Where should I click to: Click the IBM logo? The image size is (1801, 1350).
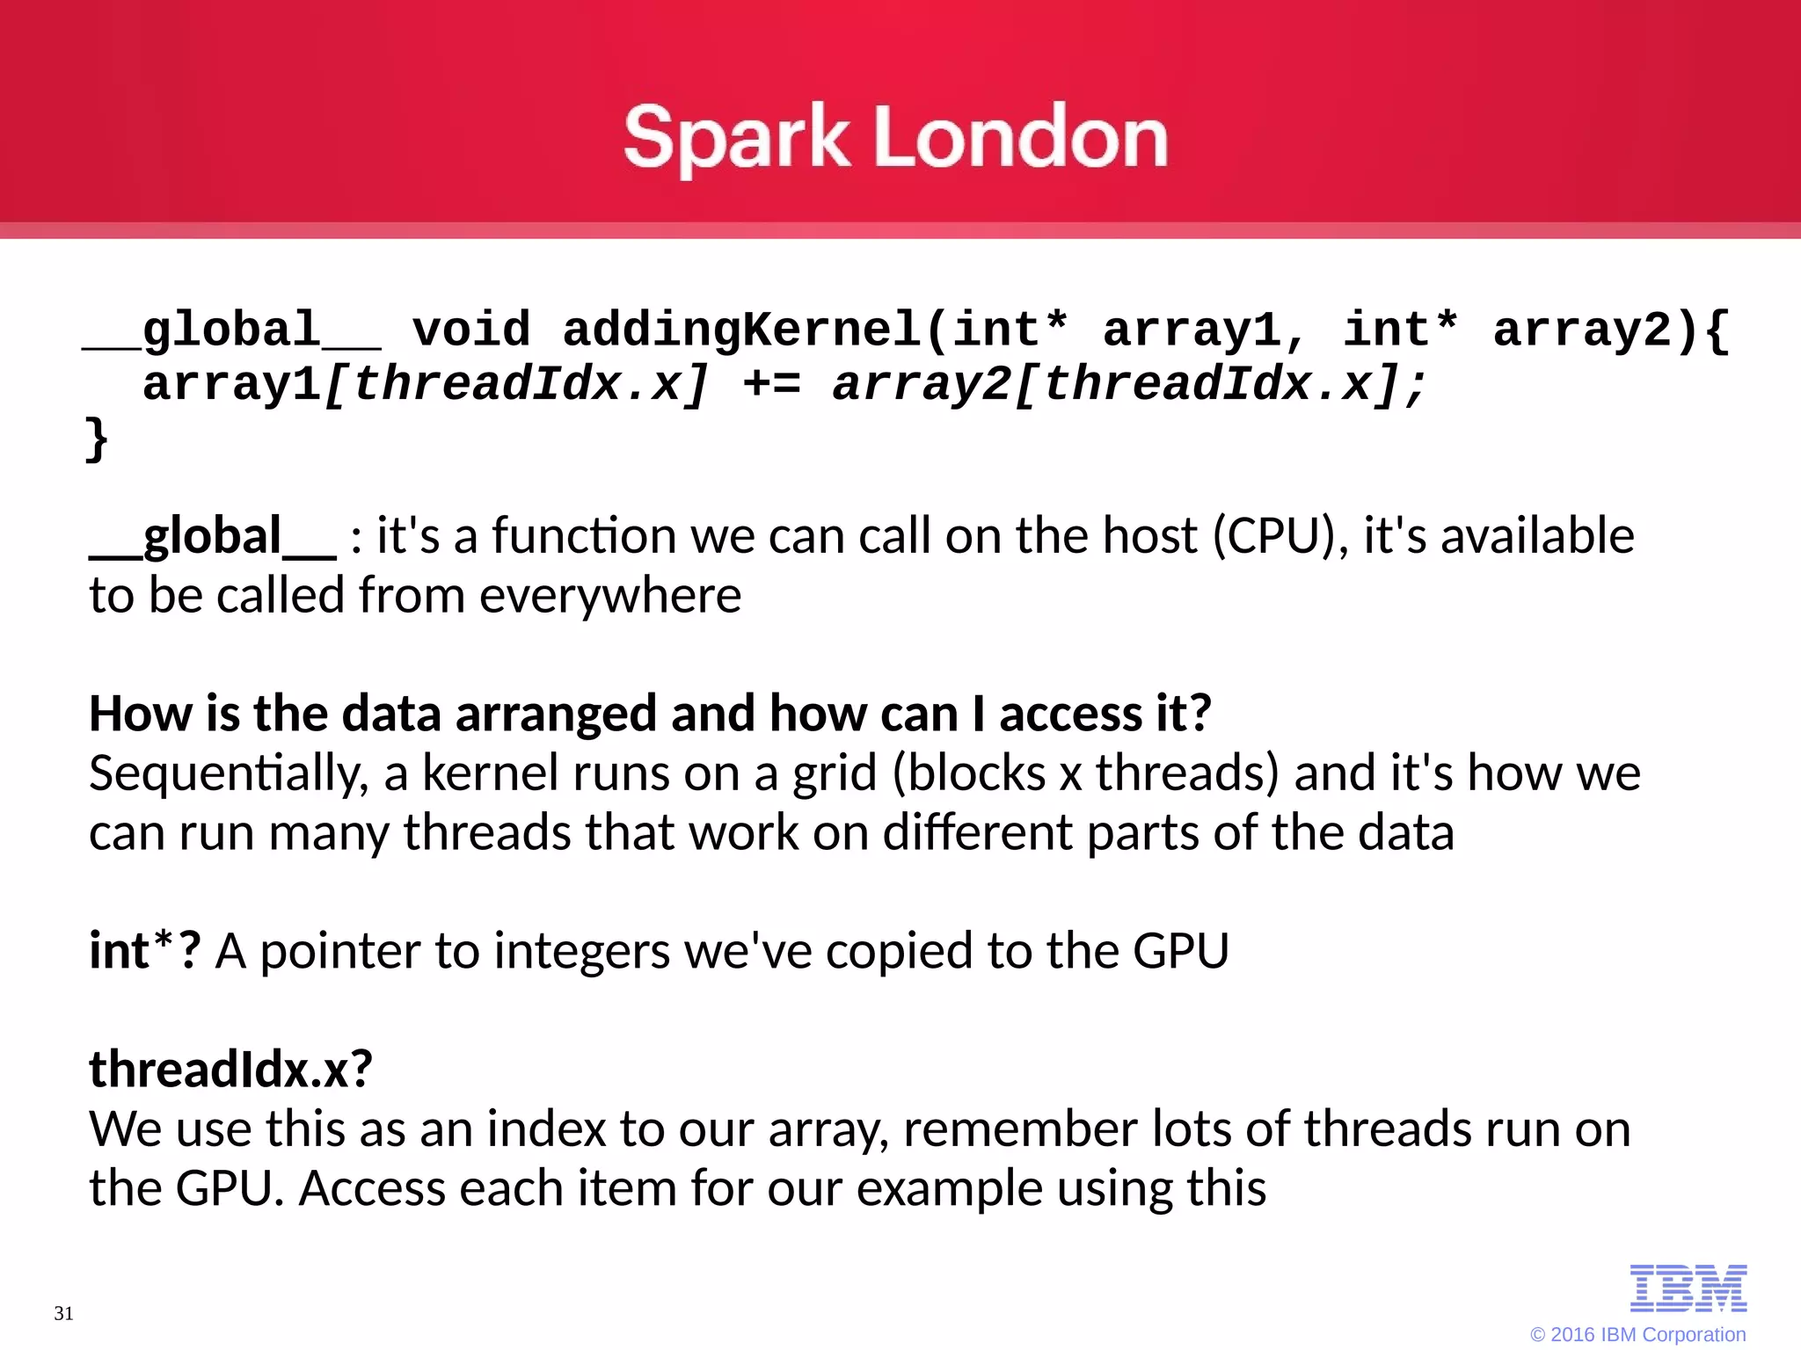1688,1288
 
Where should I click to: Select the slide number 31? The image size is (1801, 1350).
63,1313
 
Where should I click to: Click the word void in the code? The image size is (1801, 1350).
471,330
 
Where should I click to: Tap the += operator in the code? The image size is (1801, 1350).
771,385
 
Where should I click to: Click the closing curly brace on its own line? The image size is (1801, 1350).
96,439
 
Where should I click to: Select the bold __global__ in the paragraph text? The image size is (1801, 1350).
212,536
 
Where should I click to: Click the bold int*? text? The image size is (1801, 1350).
145,951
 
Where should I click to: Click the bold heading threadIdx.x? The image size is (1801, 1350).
230,1070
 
